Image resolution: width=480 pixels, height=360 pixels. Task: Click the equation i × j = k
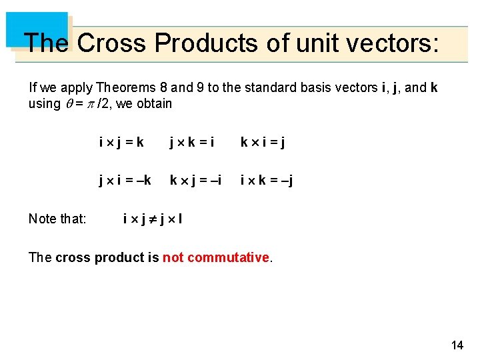click(x=121, y=143)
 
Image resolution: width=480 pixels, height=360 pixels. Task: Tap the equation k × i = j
click(x=262, y=143)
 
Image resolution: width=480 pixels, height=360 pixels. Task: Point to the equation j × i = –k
click(x=125, y=181)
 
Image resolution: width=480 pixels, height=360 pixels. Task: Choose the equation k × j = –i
click(x=195, y=181)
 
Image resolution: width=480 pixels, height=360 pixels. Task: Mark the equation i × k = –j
click(x=267, y=181)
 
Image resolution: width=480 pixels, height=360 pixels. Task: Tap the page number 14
click(x=457, y=345)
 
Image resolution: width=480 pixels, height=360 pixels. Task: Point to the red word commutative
click(x=228, y=257)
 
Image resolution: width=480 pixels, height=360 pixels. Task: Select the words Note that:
click(x=57, y=219)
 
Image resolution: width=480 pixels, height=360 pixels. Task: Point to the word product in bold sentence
click(x=129, y=257)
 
